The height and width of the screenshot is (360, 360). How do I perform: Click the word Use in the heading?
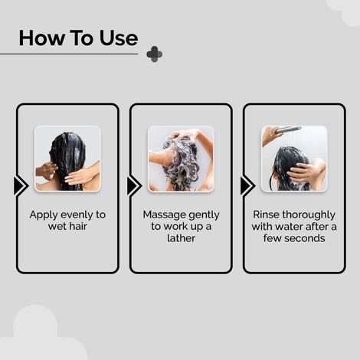click(x=116, y=38)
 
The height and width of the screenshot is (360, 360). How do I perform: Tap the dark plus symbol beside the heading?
click(x=154, y=54)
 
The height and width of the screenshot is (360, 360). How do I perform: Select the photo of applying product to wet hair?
click(x=67, y=159)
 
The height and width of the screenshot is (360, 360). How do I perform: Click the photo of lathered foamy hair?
click(x=181, y=159)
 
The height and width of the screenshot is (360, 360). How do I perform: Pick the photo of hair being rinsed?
click(x=293, y=159)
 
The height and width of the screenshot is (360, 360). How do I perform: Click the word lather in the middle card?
click(x=181, y=238)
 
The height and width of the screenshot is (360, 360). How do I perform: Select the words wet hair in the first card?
click(x=67, y=227)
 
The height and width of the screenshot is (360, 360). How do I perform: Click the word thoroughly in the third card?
click(x=313, y=214)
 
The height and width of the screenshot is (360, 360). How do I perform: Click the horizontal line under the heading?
click(x=69, y=54)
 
